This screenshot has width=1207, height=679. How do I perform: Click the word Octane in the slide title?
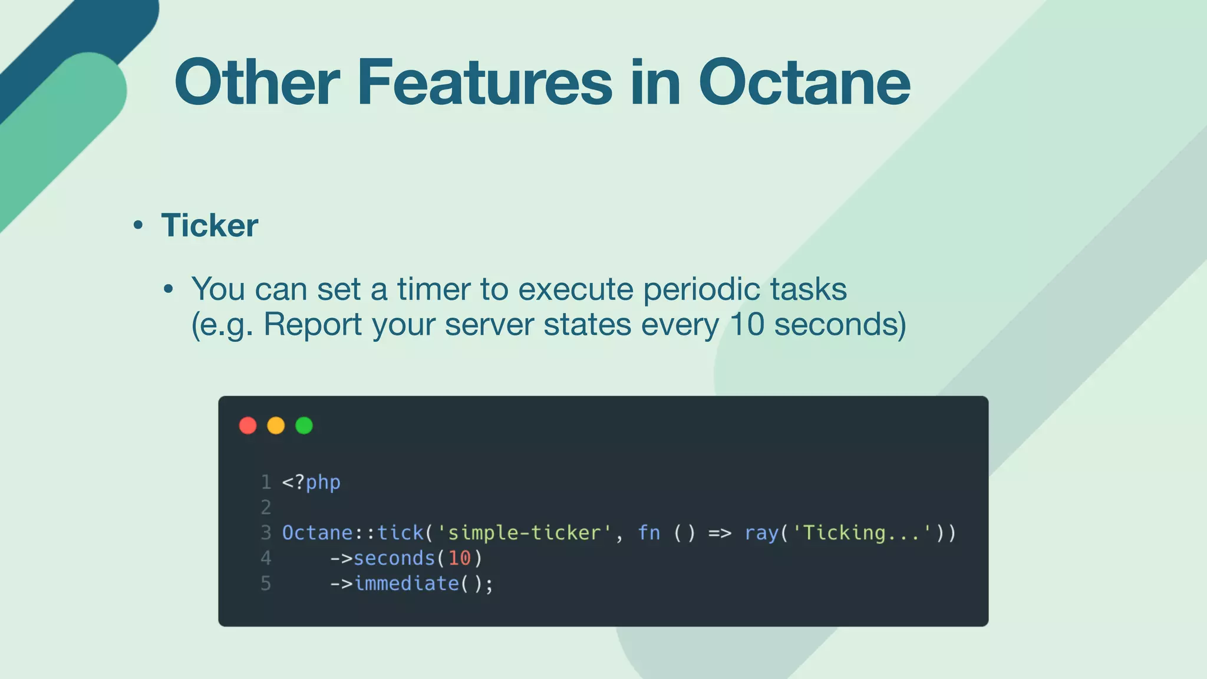point(804,83)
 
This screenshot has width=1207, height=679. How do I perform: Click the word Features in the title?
point(484,83)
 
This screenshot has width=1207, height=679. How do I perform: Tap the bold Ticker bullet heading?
point(209,225)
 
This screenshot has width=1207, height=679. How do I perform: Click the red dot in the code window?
point(248,426)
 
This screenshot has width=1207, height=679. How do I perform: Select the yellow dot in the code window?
point(276,426)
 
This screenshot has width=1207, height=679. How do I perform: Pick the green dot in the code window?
point(304,426)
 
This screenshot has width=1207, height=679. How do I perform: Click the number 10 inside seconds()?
point(459,558)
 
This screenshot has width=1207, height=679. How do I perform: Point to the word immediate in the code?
point(406,584)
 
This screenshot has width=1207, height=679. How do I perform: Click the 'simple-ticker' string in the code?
point(525,533)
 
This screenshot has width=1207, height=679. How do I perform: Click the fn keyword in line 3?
point(649,533)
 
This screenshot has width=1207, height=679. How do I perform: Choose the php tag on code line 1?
point(322,483)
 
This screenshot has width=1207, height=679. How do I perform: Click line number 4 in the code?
point(266,558)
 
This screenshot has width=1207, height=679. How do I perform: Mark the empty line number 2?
point(266,507)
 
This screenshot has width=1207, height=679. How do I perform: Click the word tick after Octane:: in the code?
point(400,533)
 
